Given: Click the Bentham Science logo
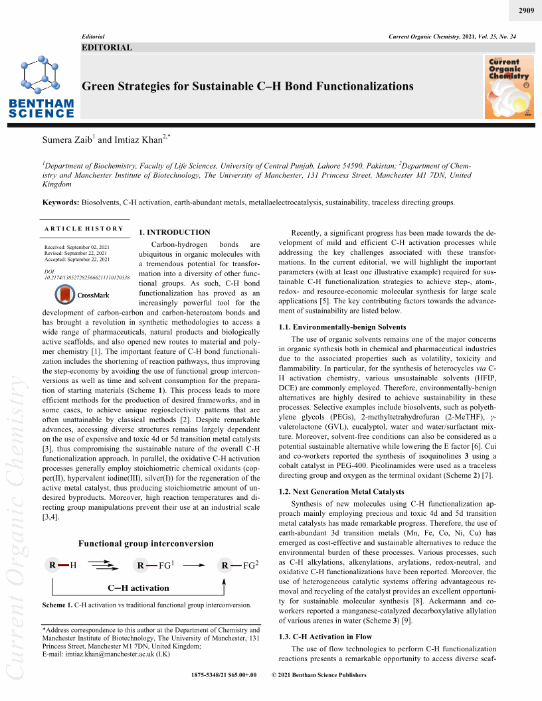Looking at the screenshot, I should point(41,87).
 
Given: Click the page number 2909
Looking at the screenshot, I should point(525,11).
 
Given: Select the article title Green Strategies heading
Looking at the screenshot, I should point(247,86).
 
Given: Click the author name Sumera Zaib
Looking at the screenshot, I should point(66,140).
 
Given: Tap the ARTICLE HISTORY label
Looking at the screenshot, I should point(84,229).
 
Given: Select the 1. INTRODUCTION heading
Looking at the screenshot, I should point(174,232).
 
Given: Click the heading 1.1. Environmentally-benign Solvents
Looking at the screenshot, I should point(342,327).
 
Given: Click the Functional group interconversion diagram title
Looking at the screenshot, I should point(146,544).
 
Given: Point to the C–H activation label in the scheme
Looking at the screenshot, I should point(138,588).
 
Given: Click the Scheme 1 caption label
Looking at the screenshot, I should point(56,605).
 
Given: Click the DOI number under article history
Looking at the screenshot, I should point(86,277).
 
